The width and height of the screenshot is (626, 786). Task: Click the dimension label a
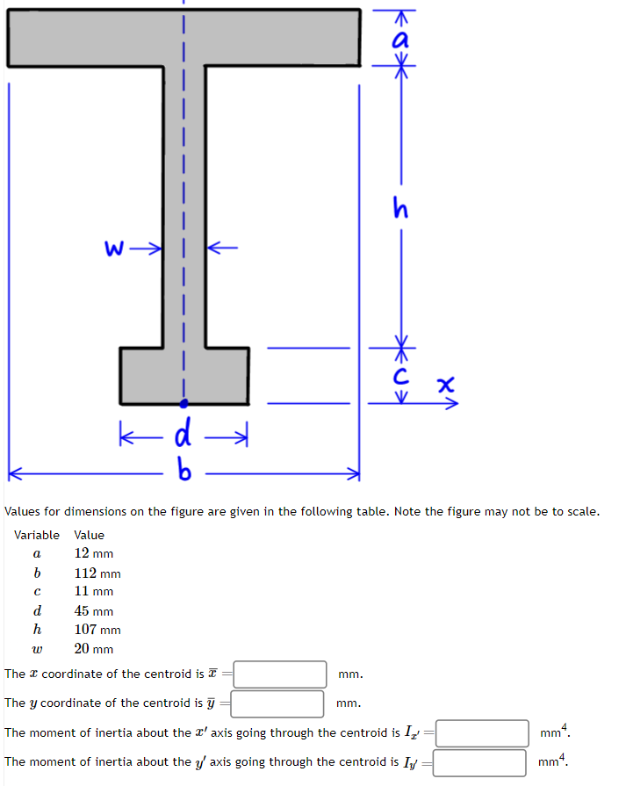tap(401, 38)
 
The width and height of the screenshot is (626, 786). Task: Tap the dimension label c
tap(401, 377)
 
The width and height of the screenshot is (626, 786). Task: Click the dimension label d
tap(184, 433)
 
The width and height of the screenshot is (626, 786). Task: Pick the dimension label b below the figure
tap(183, 473)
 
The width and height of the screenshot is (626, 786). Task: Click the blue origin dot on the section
tap(183, 404)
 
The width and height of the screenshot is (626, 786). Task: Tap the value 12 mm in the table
tap(93, 553)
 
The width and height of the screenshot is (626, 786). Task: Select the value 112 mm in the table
tap(97, 573)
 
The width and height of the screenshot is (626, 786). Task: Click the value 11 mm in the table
tap(93, 591)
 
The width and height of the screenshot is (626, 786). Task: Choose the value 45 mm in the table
tap(93, 610)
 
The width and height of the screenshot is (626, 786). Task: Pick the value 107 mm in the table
tap(97, 630)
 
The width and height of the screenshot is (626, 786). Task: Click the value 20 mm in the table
tap(93, 649)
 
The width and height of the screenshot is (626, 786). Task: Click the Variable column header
tap(37, 535)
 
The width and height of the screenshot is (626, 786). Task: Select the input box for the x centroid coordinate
tap(280, 674)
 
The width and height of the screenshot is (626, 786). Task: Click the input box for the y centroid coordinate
tap(277, 703)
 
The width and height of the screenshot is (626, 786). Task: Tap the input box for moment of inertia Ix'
tap(482, 733)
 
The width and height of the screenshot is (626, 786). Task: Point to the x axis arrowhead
tap(453, 404)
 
